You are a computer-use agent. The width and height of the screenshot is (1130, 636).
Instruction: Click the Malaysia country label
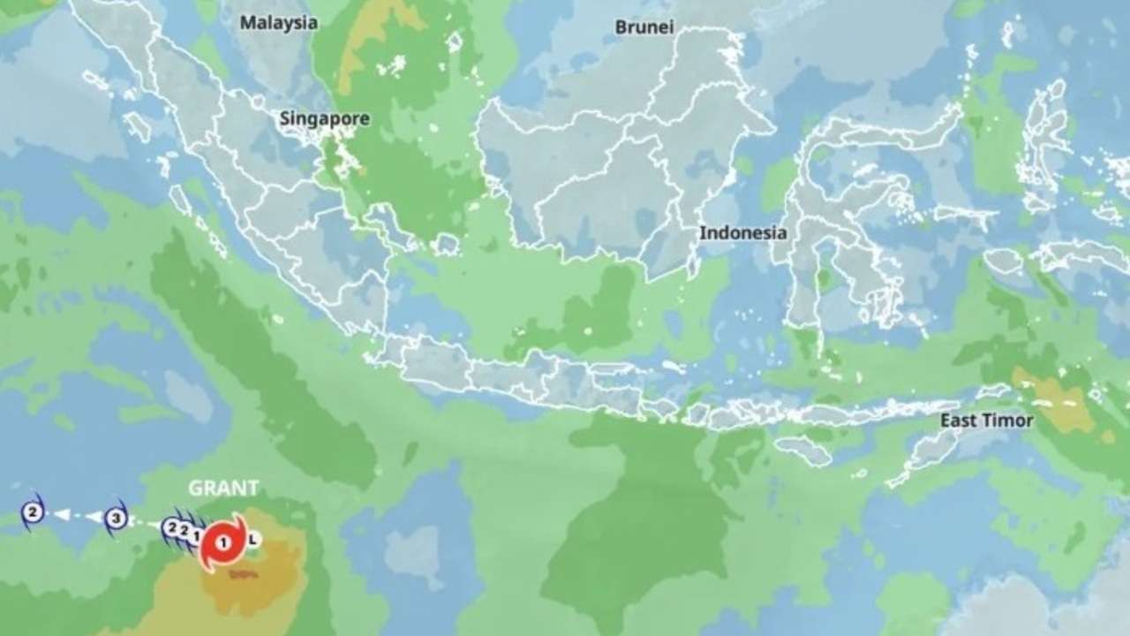click(x=278, y=24)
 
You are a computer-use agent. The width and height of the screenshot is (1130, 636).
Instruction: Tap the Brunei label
click(x=644, y=27)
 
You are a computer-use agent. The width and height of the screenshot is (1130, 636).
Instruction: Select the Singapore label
click(x=324, y=119)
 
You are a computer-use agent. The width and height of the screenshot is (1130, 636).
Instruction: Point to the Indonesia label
click(x=742, y=233)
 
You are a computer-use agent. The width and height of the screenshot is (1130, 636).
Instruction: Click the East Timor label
click(x=986, y=420)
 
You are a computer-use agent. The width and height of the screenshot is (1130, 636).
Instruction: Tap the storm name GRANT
click(x=223, y=488)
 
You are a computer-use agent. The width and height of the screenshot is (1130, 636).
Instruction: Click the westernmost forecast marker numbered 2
click(x=33, y=511)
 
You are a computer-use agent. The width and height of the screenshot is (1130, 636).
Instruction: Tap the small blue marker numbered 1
click(x=195, y=534)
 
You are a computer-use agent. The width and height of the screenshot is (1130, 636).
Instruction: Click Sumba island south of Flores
click(x=803, y=450)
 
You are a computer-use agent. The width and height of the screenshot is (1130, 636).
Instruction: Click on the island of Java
click(x=530, y=375)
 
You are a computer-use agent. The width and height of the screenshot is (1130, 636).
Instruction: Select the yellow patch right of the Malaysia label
click(x=371, y=35)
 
